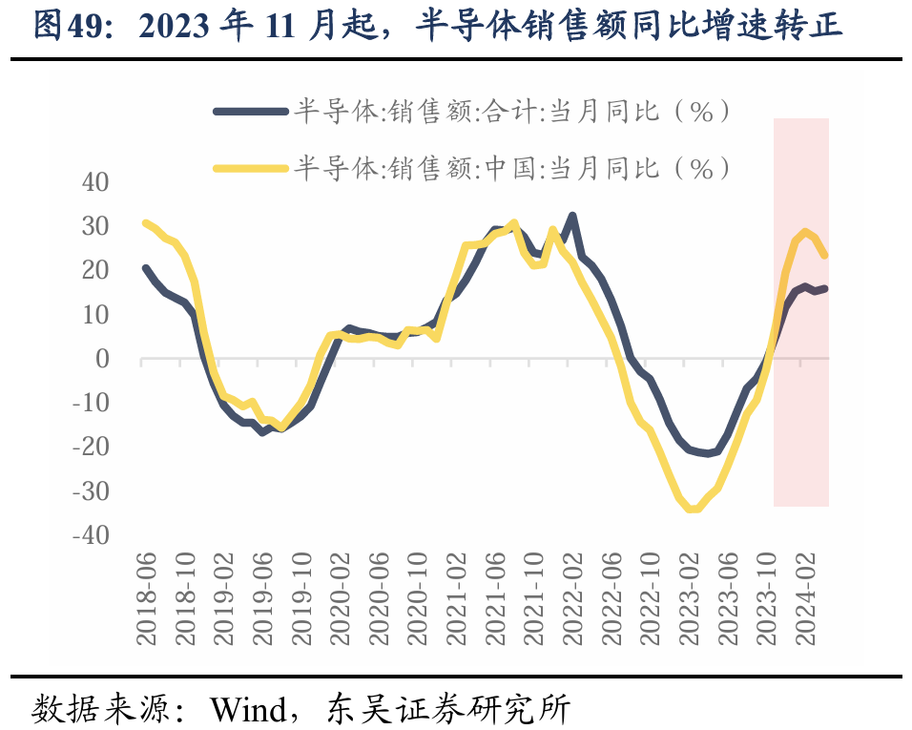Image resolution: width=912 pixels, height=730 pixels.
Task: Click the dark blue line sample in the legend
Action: click(251, 112)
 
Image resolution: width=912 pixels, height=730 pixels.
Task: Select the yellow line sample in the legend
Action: click(251, 169)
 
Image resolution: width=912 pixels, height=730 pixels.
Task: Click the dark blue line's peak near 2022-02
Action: click(572, 216)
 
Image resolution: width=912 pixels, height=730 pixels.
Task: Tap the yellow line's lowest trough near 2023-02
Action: click(693, 510)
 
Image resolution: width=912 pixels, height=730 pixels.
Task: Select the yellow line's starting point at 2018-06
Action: click(145, 222)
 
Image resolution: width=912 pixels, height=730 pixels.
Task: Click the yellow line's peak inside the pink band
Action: click(806, 232)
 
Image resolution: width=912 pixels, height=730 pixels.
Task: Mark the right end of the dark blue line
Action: click(825, 288)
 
